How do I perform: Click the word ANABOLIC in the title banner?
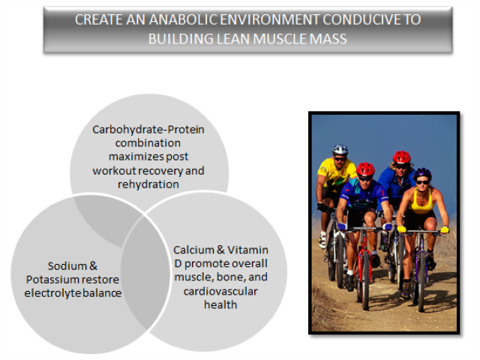[x=183, y=20]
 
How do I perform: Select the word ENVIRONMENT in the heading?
[x=270, y=20]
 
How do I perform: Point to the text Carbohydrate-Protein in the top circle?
[x=148, y=130]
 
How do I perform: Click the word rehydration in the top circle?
[x=148, y=184]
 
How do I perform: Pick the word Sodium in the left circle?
[x=67, y=266]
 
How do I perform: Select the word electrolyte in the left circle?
[x=52, y=293]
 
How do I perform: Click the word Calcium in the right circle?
[x=193, y=250]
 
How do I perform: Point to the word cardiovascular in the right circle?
[x=220, y=292]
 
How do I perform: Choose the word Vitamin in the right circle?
[x=247, y=250]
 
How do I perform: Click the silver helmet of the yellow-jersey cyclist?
[x=340, y=150]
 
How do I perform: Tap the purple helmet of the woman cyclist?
[x=422, y=173]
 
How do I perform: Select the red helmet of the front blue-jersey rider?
[x=365, y=169]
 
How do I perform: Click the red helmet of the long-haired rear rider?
[x=402, y=157]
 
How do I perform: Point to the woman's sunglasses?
[x=422, y=182]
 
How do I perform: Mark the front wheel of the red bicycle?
[x=365, y=280]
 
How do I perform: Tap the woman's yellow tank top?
[x=422, y=202]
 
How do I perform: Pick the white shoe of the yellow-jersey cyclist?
[x=322, y=241]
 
